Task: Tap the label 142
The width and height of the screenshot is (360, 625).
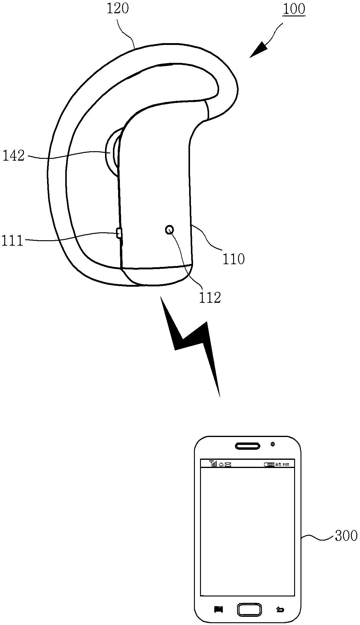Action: [13, 156]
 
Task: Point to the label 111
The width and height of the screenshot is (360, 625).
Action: [12, 241]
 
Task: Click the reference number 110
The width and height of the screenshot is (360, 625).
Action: [233, 259]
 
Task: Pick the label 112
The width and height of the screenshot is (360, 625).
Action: [210, 298]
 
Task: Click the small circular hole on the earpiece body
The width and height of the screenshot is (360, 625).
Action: [169, 230]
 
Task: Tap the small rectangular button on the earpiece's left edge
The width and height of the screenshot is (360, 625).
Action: [119, 233]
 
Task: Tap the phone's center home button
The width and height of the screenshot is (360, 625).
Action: [249, 609]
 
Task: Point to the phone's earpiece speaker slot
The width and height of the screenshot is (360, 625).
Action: [248, 446]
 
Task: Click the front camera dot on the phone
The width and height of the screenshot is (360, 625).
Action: [273, 444]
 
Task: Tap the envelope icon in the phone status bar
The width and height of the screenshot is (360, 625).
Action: [228, 464]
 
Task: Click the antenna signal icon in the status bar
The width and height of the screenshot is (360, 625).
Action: [213, 464]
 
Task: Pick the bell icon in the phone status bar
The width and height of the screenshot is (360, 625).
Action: [221, 464]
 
